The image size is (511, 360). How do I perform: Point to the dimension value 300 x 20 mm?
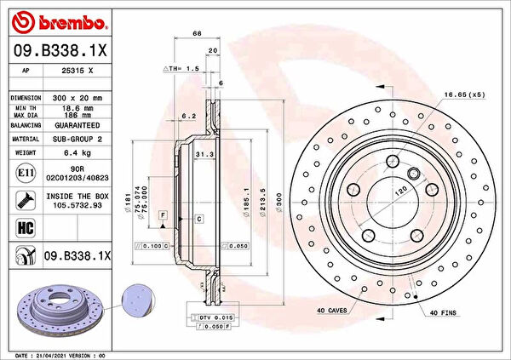pyautogui.click(x=72, y=98)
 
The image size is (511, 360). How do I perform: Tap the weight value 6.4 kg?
pyautogui.click(x=72, y=153)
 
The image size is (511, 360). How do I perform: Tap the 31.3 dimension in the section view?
pyautogui.click(x=203, y=156)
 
